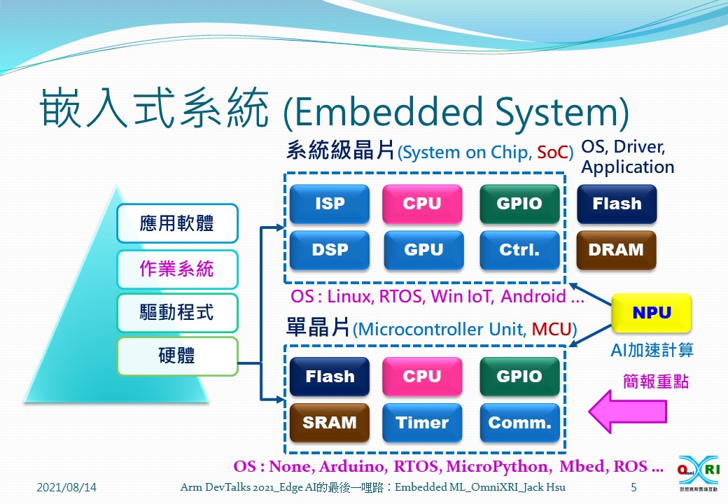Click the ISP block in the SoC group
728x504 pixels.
329,204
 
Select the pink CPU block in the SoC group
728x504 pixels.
422,204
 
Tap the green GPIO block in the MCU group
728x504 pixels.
519,377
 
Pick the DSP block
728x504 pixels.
329,250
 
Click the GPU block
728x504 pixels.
423,250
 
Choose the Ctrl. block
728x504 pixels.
519,250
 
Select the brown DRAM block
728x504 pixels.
616,250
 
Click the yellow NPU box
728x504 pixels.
652,313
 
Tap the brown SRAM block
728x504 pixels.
329,423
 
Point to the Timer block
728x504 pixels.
422,423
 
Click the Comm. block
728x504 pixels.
519,423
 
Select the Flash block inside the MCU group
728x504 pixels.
329,377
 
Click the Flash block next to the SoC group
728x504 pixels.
616,204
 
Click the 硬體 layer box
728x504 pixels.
177,356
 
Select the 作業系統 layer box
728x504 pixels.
177,269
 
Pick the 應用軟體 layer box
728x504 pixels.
177,224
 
